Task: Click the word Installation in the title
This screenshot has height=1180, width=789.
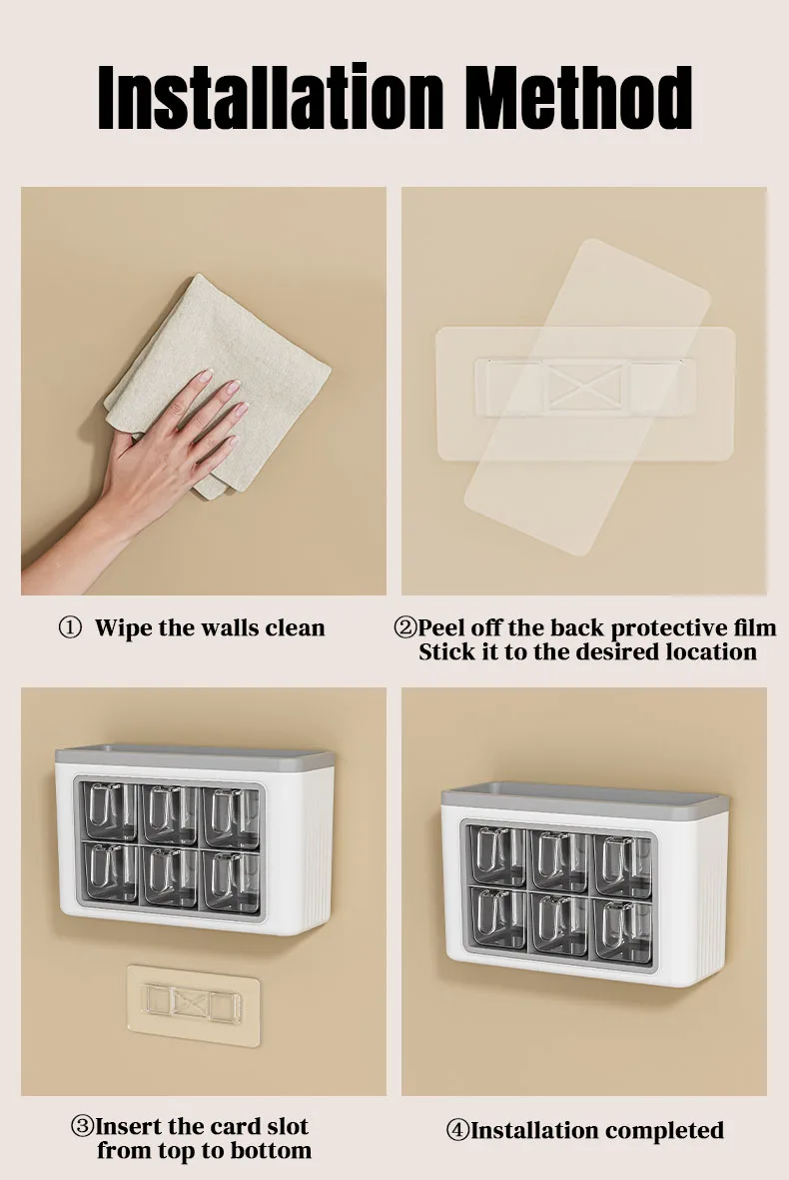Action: point(272,97)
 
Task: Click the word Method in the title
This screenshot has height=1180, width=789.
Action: point(578,97)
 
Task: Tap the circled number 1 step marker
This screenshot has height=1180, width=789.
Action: point(69,627)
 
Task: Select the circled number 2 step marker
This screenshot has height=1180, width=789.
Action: point(404,627)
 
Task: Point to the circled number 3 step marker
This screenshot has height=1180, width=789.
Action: point(82,1127)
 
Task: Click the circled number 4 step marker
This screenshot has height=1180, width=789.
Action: point(457,1130)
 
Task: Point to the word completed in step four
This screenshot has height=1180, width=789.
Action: point(664,1131)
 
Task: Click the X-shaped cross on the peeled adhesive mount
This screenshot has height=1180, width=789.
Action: point(584,388)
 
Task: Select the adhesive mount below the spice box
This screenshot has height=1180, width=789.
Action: point(194,1005)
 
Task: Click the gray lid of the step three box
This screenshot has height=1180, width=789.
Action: point(195,756)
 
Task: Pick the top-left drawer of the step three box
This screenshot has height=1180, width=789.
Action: point(110,811)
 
